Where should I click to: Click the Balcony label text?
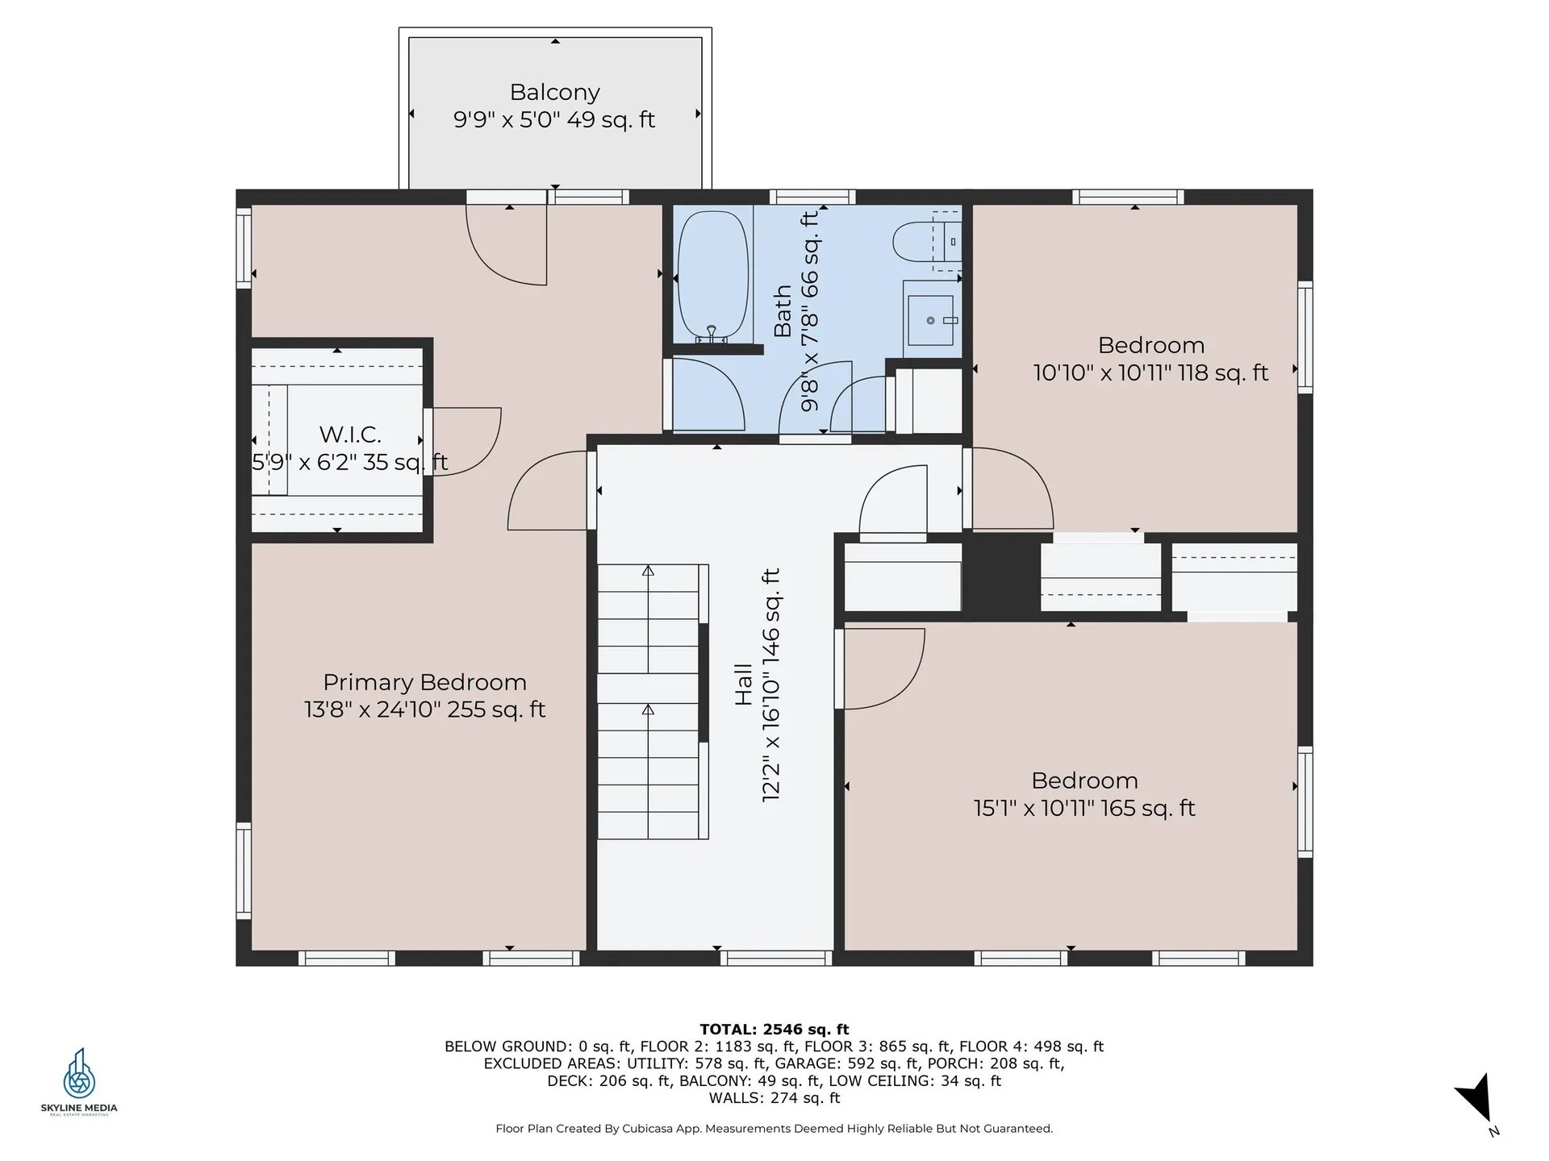point(554,93)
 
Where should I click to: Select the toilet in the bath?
point(916,241)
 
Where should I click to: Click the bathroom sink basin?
point(931,320)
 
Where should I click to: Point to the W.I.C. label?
point(350,435)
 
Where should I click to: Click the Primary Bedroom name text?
point(424,682)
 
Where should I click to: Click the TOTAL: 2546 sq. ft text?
point(774,1029)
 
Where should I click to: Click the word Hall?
point(743,685)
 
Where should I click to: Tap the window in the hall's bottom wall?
point(775,958)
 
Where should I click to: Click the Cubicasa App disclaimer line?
point(774,1129)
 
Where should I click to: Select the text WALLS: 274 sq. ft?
point(774,1098)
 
